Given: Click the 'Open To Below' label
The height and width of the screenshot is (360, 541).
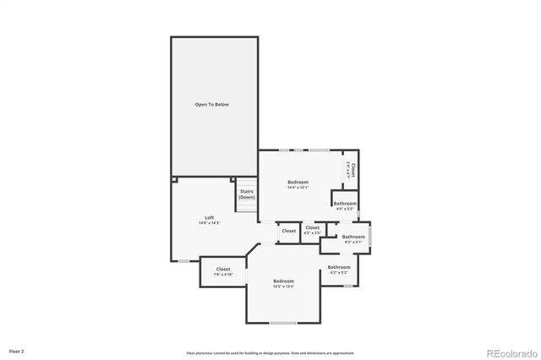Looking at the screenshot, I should [212, 104].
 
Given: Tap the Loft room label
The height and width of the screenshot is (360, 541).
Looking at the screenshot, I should [209, 217].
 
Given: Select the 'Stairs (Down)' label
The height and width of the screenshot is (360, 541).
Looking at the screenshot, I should [246, 194].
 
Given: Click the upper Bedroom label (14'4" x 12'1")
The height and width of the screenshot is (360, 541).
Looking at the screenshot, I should [298, 182].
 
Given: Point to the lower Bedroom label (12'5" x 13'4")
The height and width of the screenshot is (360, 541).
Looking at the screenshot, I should [283, 281].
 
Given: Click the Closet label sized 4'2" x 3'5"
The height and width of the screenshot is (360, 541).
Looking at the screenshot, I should [312, 227].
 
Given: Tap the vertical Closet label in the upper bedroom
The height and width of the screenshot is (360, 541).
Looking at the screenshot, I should [352, 166].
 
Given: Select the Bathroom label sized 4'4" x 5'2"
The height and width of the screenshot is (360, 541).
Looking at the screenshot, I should [344, 203].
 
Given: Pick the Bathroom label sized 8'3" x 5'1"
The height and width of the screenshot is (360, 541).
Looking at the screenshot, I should [353, 237].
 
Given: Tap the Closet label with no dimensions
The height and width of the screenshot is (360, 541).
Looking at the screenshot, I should [289, 231].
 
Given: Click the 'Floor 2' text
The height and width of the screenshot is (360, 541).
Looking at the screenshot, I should [17, 350].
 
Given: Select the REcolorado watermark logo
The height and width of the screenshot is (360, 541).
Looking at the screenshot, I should [510, 352].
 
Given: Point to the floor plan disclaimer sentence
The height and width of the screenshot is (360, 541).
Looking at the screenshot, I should [270, 352].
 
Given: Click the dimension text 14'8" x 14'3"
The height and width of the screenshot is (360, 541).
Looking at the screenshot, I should [209, 223].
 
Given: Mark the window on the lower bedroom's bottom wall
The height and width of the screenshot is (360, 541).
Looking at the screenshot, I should [282, 323].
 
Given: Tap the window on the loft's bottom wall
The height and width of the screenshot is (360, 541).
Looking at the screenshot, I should [183, 260].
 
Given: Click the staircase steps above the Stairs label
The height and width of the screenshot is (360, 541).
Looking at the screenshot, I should [246, 183].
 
